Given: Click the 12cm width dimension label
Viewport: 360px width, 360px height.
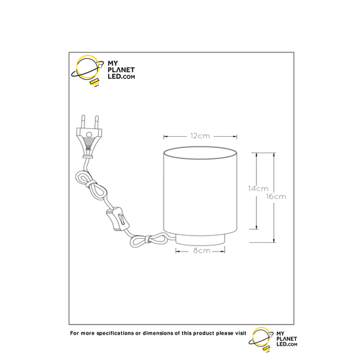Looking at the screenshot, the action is click(200, 136).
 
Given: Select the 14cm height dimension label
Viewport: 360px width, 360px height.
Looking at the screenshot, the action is click(259, 189).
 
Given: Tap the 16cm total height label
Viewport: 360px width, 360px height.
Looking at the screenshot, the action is click(276, 196).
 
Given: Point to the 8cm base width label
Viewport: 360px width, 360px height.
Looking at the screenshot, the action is click(202, 251).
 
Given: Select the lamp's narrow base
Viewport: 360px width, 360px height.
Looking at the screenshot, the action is click(200, 240).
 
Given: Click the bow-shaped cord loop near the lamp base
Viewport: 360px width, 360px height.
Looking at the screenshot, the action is click(149, 240).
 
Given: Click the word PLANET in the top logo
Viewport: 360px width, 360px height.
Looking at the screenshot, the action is click(121, 70).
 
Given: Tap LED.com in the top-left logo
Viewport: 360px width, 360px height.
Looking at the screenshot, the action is click(121, 77).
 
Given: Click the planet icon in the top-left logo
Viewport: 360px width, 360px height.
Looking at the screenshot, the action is click(87, 71).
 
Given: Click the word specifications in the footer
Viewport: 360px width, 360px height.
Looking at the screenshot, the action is click(115, 333).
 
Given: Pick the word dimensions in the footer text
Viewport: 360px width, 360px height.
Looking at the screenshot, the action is click(158, 333).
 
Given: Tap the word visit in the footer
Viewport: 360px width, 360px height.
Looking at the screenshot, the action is click(241, 333).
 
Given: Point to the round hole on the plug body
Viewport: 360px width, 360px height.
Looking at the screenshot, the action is click(88, 134).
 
